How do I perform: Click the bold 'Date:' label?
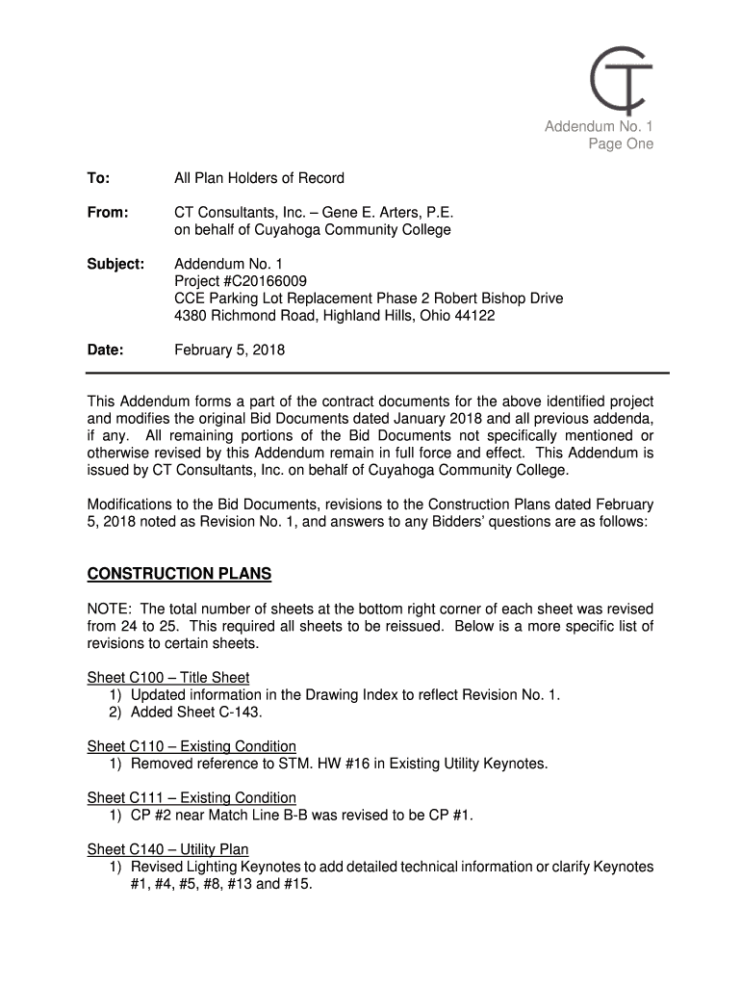pos(105,350)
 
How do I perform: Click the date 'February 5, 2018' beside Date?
pos(229,350)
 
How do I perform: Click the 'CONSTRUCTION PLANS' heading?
pos(179,575)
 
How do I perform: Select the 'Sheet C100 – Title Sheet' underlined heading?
pos(168,678)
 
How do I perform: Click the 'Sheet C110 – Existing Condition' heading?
pos(192,746)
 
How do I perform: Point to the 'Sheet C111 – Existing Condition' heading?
pos(192,797)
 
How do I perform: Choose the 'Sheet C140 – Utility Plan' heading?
pos(168,849)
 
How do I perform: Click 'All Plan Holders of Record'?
pos(259,178)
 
